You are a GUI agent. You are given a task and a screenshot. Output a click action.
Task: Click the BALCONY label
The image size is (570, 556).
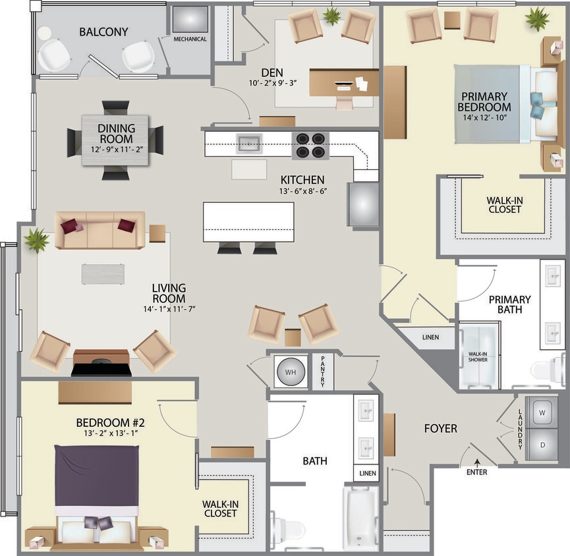(103, 32)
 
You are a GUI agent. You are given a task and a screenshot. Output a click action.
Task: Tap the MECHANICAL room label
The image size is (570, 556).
(190, 40)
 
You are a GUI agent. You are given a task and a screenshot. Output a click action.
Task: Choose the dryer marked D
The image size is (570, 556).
(542, 445)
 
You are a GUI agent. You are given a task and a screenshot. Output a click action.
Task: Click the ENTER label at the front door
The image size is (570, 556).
(476, 472)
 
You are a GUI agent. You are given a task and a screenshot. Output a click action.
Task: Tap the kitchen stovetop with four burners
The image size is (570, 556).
(310, 146)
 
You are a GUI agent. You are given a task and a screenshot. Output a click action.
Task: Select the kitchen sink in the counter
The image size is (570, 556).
(249, 142)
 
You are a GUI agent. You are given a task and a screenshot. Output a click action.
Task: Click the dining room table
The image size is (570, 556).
(115, 140)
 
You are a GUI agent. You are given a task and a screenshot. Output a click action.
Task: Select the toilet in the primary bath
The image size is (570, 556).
(546, 370)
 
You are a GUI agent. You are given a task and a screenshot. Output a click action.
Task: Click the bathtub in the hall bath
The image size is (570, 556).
(360, 518)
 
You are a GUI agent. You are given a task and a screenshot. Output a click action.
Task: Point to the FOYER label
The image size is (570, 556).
(441, 429)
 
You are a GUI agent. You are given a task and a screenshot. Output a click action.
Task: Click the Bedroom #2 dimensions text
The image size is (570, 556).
(110, 433)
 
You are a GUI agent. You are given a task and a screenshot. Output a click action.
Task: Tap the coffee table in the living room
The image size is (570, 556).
(103, 274)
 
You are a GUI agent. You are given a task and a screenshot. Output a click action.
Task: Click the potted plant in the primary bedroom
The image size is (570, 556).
(537, 18)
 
